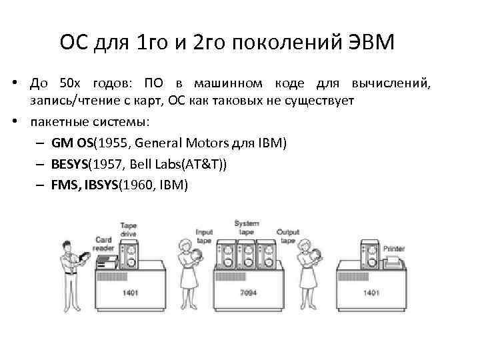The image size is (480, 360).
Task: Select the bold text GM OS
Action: [73, 143]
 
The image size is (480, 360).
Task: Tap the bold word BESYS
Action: [69, 164]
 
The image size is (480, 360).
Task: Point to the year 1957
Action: [109, 164]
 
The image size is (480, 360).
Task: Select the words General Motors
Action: [179, 143]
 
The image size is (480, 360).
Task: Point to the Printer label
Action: [393, 248]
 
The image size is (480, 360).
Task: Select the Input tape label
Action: [204, 235]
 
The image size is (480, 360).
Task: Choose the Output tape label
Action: [287, 235]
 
